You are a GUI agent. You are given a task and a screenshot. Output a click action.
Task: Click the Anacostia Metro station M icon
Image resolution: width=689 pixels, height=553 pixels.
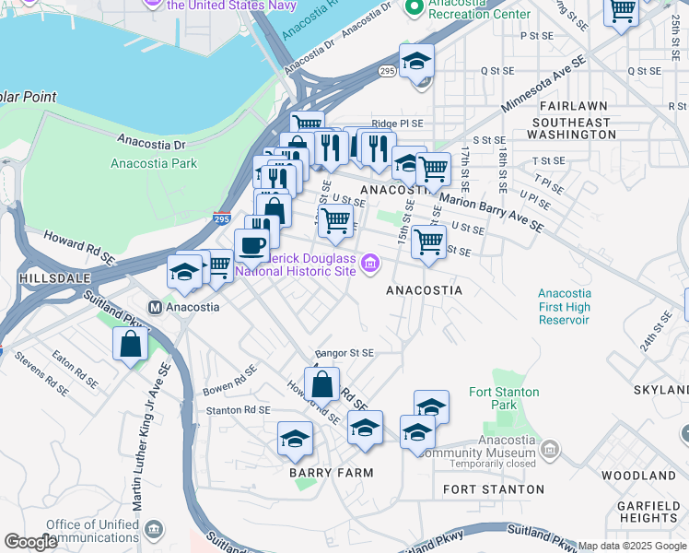pyautogui.click(x=155, y=307)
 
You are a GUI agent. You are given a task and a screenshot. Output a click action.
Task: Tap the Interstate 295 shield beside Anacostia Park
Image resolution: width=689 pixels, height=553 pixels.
pyautogui.click(x=222, y=218)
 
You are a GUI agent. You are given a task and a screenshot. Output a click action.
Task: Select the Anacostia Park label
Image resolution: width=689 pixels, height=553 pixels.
pyautogui.click(x=153, y=164)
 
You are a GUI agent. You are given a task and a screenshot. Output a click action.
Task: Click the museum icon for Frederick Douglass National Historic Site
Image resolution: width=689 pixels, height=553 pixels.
pyautogui.click(x=370, y=265)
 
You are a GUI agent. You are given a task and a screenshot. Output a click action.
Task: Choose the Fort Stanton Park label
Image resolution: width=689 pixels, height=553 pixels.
pyautogui.click(x=504, y=398)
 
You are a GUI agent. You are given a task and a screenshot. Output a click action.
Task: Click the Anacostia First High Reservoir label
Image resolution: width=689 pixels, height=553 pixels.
pyautogui.click(x=564, y=307)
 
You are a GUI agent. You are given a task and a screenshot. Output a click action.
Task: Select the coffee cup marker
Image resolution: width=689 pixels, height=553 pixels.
pyautogui.click(x=251, y=245)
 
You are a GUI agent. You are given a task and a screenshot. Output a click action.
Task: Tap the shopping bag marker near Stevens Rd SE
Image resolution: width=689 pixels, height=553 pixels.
pyautogui.click(x=131, y=344)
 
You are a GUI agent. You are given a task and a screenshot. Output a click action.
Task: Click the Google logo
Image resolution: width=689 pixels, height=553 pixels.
pyautogui.click(x=31, y=542)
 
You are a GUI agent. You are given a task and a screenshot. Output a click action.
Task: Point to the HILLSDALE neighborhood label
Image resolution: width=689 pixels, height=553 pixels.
pyautogui.click(x=43, y=277)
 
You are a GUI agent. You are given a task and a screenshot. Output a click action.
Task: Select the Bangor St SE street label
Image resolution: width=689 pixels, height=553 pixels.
pyautogui.click(x=344, y=353)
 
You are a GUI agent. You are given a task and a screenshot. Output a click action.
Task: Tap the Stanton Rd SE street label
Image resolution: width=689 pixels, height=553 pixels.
pyautogui.click(x=238, y=410)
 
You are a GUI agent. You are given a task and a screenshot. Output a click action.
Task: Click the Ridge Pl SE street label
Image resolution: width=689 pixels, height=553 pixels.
pyautogui.click(x=397, y=124)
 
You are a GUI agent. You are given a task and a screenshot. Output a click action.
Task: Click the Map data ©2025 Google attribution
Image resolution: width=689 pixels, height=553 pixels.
pyautogui.click(x=632, y=546)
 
